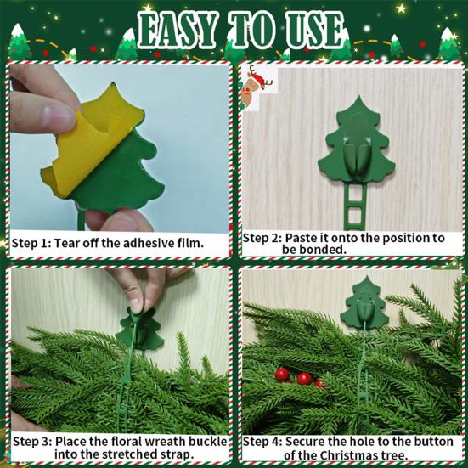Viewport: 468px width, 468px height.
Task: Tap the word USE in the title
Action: point(311,32)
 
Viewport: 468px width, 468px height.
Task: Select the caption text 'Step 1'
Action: point(31,244)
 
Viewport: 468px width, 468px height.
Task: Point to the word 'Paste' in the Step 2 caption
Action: point(302,238)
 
